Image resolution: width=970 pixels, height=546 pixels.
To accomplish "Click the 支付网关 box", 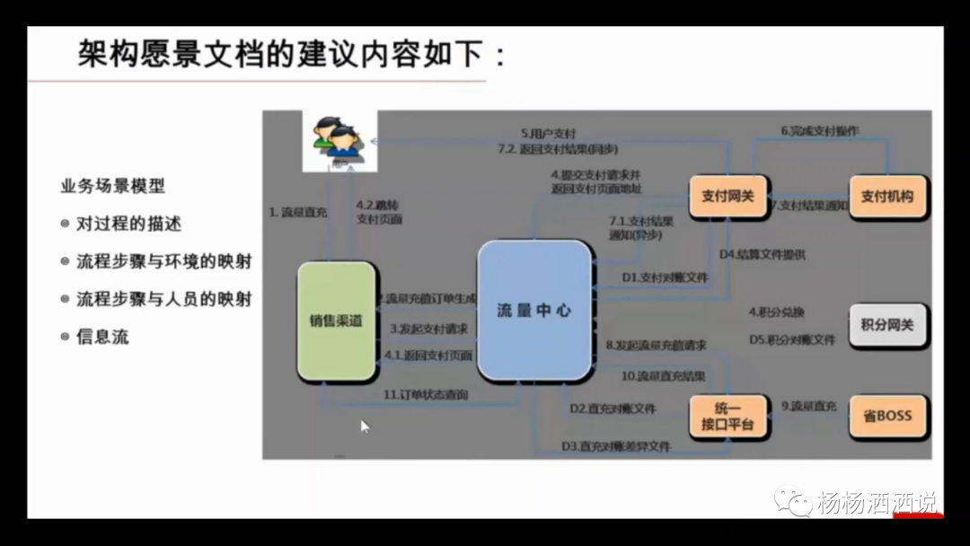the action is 727,196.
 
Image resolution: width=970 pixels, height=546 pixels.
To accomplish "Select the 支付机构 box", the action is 887,196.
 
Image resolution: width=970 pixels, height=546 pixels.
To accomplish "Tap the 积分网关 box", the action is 887,325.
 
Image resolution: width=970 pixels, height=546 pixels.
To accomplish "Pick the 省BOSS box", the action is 887,416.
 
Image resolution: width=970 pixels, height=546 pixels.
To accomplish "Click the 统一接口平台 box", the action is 727,416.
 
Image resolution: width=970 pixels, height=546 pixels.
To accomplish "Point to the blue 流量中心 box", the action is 534,311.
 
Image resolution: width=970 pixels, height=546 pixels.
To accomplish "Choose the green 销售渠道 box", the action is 336,321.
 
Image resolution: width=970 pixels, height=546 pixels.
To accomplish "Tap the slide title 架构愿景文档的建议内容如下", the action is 292,56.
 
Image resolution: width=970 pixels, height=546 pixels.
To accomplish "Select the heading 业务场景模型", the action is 112,187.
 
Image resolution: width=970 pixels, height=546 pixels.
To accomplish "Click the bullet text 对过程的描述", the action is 128,224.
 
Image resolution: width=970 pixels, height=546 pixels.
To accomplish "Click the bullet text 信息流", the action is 102,337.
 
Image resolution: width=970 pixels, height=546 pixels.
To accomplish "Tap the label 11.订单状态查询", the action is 426,394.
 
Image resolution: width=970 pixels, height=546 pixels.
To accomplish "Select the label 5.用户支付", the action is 549,133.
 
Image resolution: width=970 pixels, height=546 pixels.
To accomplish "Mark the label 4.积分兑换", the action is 777,313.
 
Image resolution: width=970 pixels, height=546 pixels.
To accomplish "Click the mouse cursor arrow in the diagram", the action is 365,426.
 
